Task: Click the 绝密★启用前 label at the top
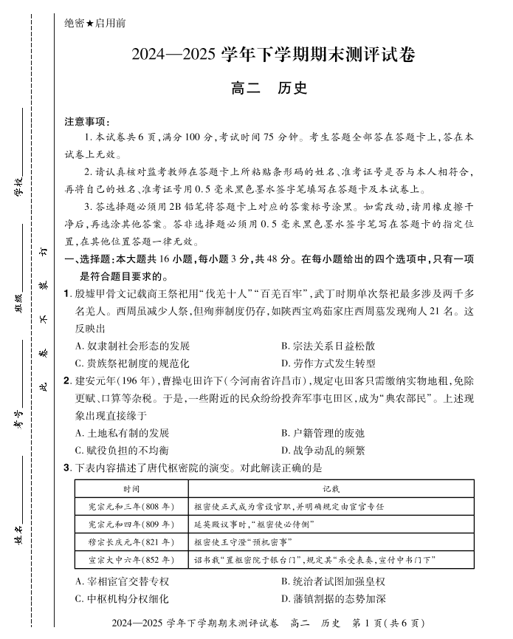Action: pyautogui.click(x=95, y=23)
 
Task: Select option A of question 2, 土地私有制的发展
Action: pyautogui.click(x=123, y=433)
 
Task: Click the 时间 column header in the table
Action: pyautogui.click(x=131, y=489)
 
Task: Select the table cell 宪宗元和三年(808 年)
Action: pyautogui.click(x=131, y=507)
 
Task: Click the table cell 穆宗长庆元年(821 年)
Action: pyautogui.click(x=131, y=541)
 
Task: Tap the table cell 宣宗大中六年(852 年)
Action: pyautogui.click(x=131, y=560)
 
